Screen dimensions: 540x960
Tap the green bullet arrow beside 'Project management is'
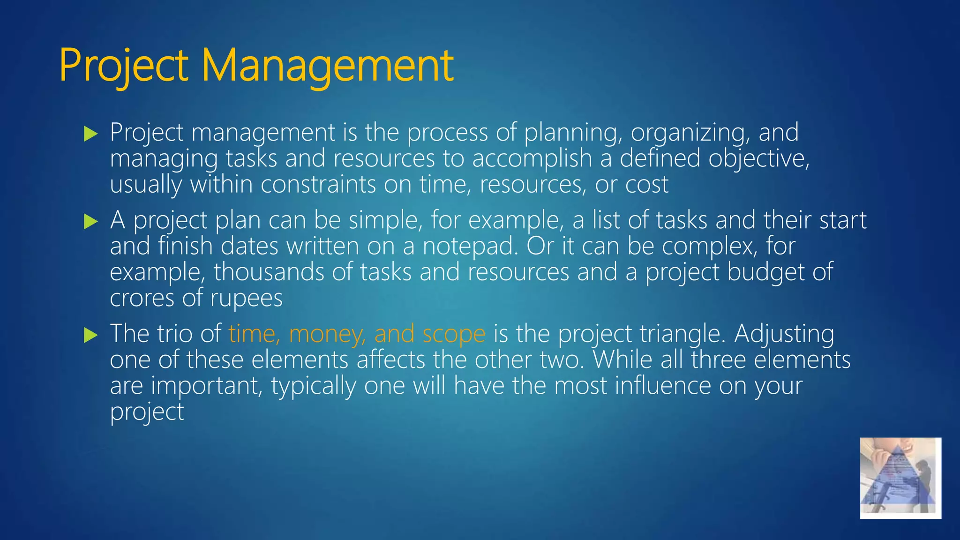pos(90,134)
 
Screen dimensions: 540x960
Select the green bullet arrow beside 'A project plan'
pos(90,221)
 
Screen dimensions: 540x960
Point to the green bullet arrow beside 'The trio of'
pos(90,335)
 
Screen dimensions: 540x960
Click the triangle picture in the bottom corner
pos(900,478)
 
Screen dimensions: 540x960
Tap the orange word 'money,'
pos(327,334)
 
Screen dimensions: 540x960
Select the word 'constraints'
pos(318,184)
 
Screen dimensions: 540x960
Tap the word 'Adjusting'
pos(784,334)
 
